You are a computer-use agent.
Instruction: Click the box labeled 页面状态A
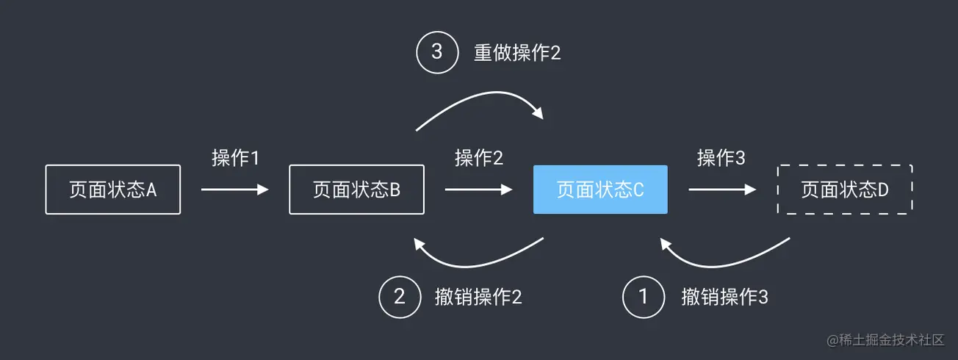pos(112,190)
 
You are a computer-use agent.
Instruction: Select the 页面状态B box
pos(356,190)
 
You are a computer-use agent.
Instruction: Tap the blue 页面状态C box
pos(600,190)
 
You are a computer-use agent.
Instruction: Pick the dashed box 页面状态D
pos(844,190)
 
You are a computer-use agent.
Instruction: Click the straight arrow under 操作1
pos(234,190)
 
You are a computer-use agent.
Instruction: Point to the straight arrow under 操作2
pos(478,190)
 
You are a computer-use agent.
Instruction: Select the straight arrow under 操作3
pos(722,190)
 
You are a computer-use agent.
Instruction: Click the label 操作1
pos(235,158)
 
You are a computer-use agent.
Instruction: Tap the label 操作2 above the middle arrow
pos(478,158)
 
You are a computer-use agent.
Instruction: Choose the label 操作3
pos(721,158)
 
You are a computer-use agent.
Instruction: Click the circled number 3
pos(436,53)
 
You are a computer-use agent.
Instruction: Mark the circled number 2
pos(399,297)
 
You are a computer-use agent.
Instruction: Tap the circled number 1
pos(643,297)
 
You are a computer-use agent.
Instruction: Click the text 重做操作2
pos(516,53)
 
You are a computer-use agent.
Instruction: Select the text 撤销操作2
pos(478,297)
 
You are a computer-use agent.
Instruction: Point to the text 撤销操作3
pos(724,297)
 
